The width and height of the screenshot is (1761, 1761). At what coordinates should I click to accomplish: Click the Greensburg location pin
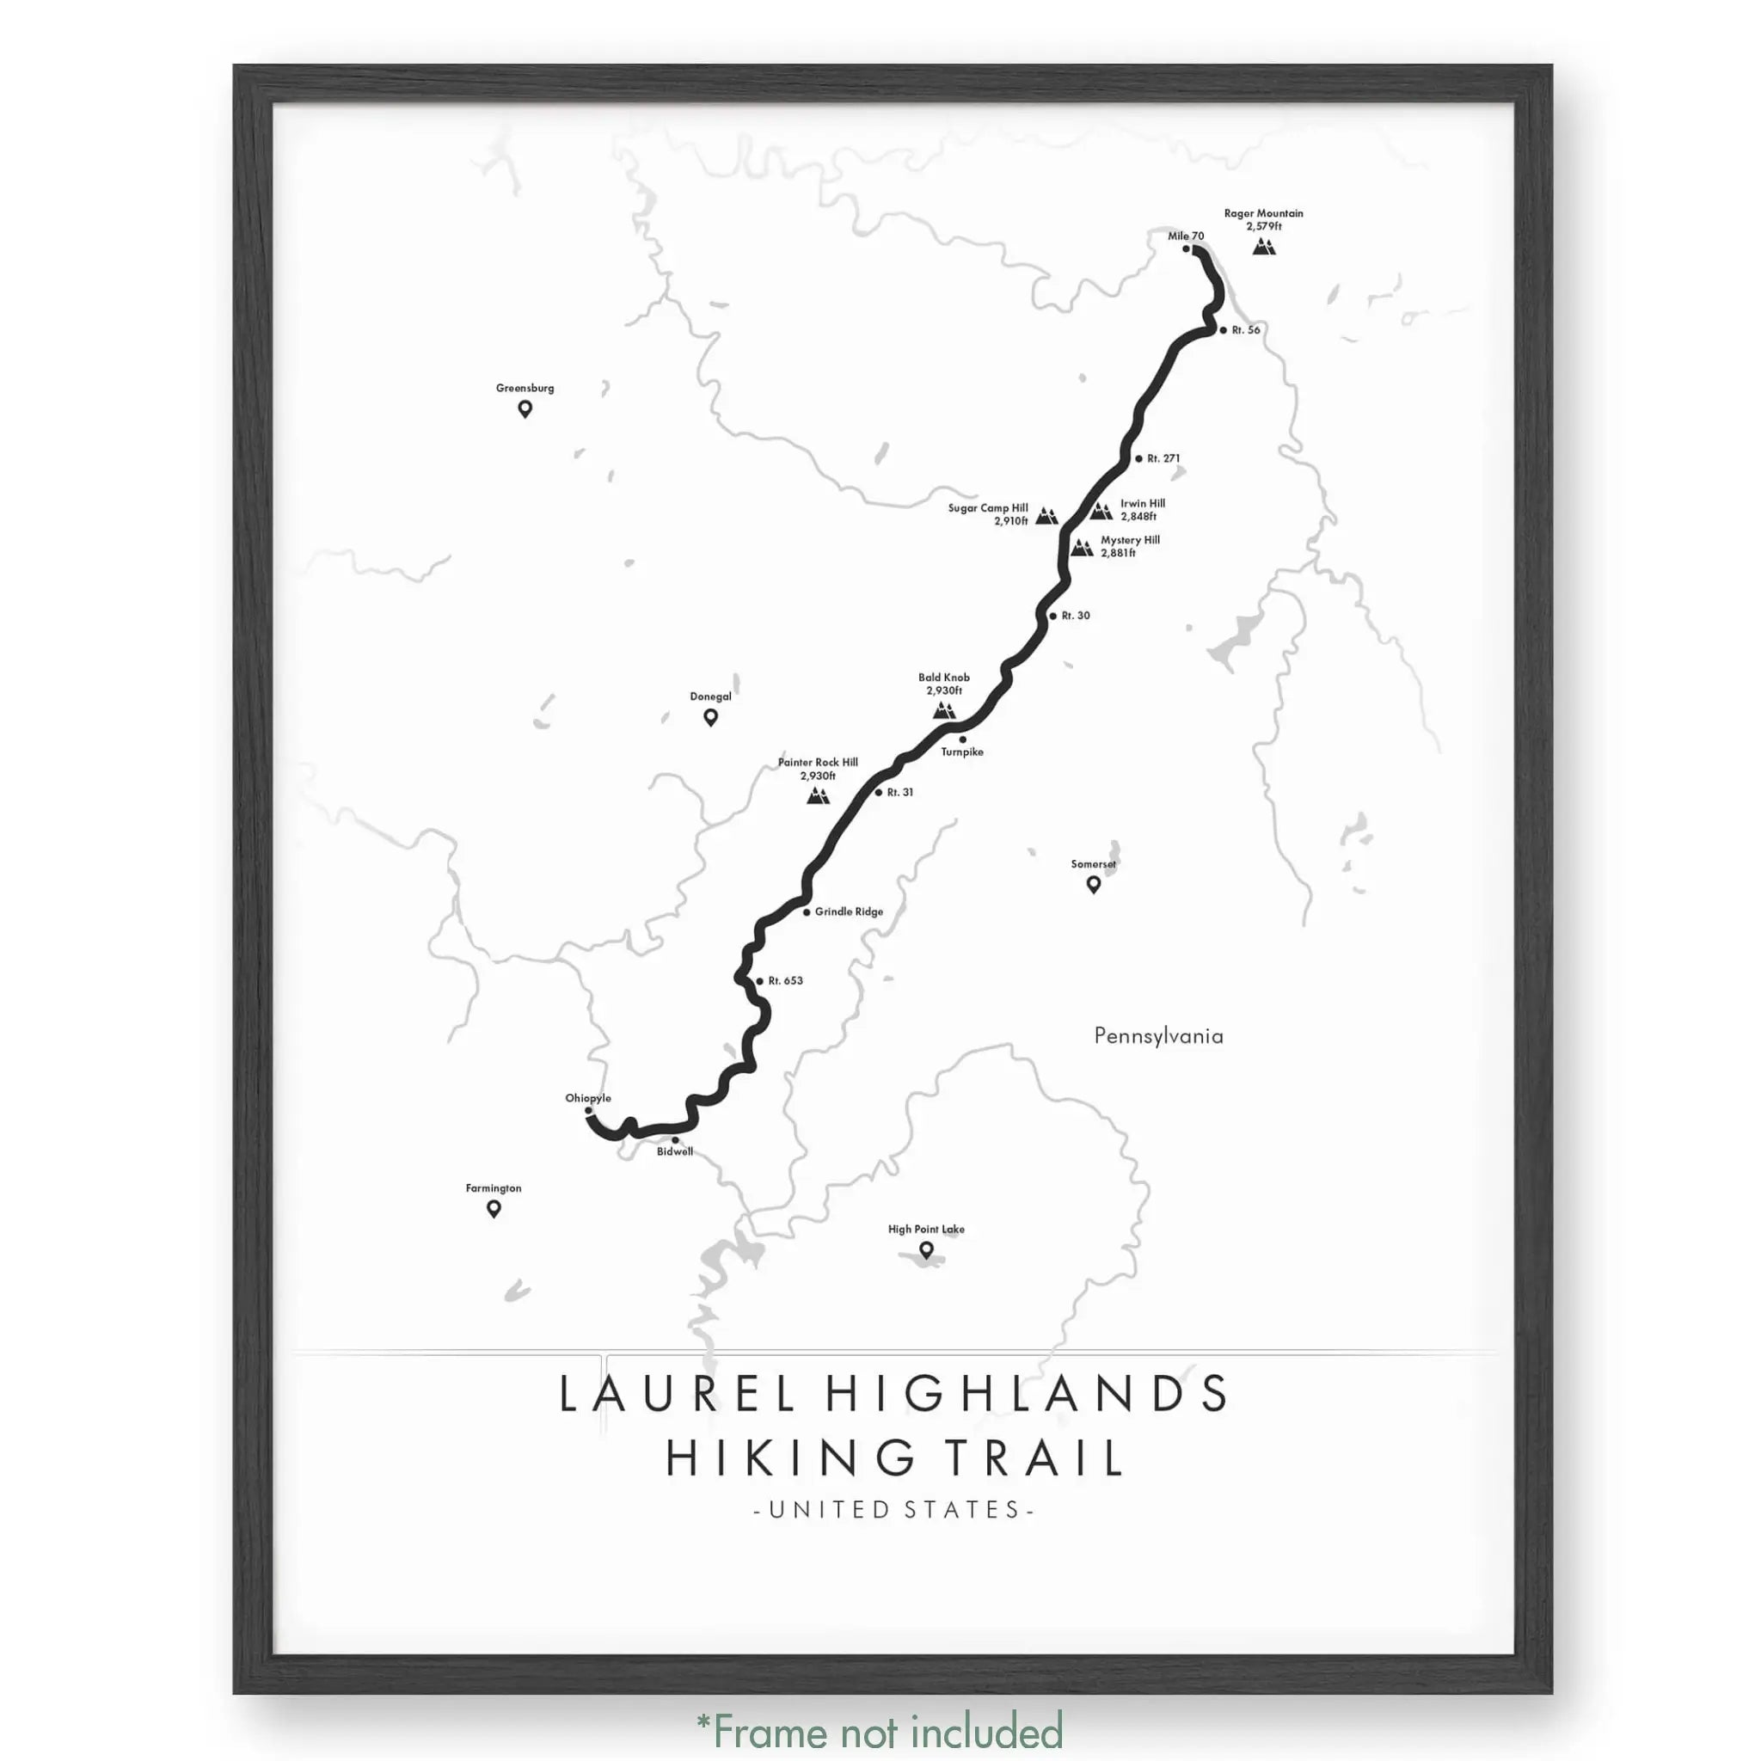coord(525,409)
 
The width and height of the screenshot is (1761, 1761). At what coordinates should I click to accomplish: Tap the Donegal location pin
coord(711,717)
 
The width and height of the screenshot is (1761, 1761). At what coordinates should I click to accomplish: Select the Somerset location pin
coord(1094,884)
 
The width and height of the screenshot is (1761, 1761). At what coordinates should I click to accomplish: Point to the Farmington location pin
coord(494,1209)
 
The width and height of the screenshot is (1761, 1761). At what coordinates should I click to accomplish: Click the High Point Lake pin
coord(926,1249)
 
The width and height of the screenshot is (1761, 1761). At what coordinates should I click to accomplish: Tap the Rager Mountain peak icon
coord(1263,246)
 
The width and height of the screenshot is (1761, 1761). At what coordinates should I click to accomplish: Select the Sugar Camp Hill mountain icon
coord(1046,516)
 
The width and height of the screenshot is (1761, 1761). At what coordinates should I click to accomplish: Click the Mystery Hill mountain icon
coord(1081,547)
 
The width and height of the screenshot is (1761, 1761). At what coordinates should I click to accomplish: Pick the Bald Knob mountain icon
coord(944,709)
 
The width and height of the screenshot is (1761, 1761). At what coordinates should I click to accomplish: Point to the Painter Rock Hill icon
coord(818,795)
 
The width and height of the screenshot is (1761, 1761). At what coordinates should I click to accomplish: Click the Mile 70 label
coord(1186,236)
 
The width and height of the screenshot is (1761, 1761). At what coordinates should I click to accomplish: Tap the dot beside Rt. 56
coord(1224,330)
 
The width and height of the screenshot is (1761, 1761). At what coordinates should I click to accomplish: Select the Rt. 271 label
coord(1164,458)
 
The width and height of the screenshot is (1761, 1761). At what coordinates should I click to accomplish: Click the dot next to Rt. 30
coord(1052,617)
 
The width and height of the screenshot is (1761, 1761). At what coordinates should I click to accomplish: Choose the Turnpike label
coord(962,752)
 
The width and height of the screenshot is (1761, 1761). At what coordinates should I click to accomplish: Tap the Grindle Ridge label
coord(849,911)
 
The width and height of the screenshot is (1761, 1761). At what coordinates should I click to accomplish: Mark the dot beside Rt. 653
coord(759,982)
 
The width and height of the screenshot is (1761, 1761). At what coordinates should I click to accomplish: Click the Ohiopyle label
coord(588,1098)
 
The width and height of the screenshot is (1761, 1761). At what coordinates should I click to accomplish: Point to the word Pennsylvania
coord(1158,1036)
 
